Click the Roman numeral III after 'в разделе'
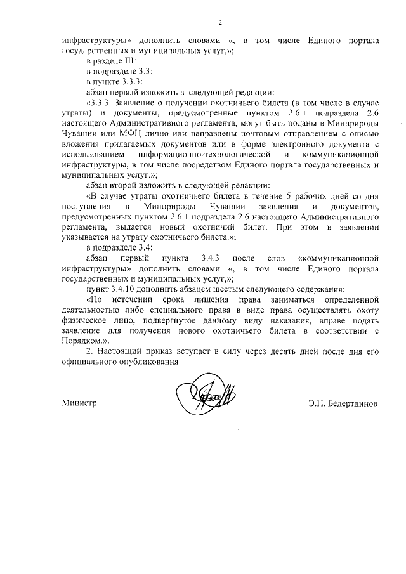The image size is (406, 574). (121, 62)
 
